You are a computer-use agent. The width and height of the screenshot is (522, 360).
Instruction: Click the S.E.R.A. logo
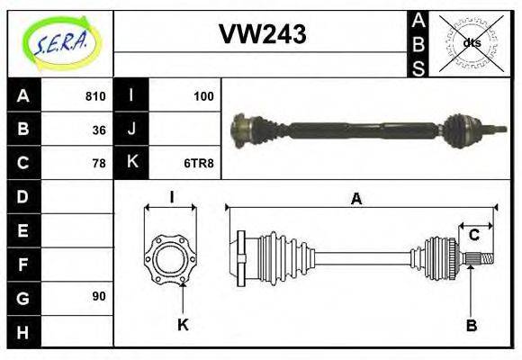60,42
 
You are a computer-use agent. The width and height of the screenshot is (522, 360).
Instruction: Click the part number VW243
262,33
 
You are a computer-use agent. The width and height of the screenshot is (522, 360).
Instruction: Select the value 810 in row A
94,96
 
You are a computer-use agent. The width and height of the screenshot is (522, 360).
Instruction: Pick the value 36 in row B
98,130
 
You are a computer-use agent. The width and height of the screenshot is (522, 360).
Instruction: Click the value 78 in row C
98,163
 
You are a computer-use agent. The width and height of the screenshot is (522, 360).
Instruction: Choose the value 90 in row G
98,296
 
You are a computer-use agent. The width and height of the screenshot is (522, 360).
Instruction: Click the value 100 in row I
203,96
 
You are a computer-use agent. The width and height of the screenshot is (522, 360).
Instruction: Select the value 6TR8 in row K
198,163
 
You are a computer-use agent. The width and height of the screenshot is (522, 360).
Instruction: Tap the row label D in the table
23,196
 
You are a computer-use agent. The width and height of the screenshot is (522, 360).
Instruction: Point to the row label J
131,130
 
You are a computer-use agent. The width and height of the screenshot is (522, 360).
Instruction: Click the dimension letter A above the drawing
356,200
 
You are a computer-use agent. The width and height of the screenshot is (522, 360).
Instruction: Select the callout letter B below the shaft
471,325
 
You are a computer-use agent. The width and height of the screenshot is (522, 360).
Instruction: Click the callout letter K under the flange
183,325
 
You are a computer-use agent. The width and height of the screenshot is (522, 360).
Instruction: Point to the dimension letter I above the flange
171,196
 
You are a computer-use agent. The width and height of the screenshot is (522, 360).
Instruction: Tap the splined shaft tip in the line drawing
481,260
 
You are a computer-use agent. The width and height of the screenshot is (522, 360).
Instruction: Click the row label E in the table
23,229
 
